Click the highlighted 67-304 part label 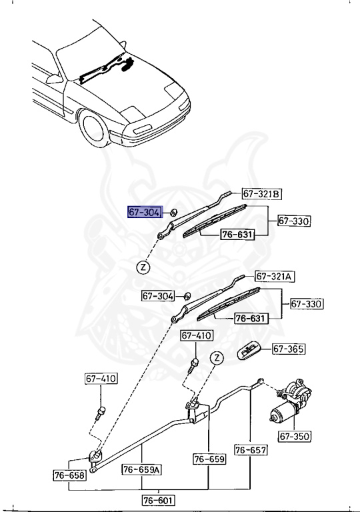coord(144,213)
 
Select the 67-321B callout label coord(261,194)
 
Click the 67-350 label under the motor coord(294,437)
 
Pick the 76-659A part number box coord(142,470)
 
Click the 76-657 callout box coord(250,450)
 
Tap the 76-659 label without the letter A coord(209,459)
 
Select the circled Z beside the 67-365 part coord(216,358)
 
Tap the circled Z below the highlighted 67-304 coord(143,267)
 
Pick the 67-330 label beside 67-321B coord(294,221)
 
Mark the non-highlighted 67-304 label coord(157,295)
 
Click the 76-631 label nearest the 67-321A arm coord(250,318)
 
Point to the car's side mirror coord(49,79)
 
